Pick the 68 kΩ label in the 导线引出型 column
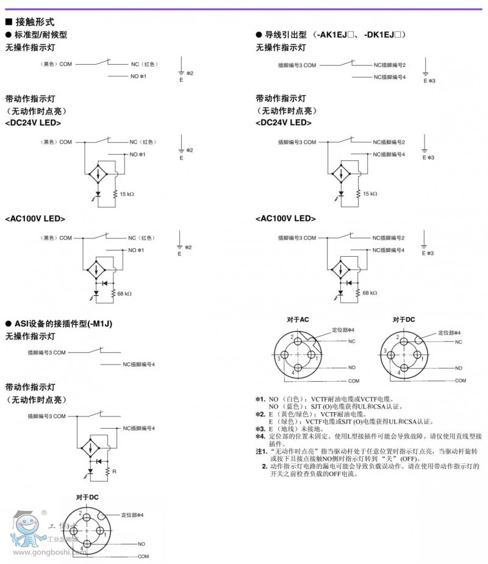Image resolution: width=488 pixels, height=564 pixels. (370, 293)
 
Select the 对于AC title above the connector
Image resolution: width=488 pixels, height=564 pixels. (298, 319)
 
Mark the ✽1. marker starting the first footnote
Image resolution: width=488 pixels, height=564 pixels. (260, 399)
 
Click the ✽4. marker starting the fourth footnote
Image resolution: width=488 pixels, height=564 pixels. (260, 436)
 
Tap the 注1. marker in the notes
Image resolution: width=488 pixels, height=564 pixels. (261, 451)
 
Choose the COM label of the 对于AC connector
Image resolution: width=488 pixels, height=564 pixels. (354, 380)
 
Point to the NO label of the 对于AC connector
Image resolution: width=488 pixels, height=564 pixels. (352, 368)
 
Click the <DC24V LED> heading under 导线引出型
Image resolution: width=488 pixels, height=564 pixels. (284, 123)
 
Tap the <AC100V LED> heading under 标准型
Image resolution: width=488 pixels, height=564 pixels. (35, 218)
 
